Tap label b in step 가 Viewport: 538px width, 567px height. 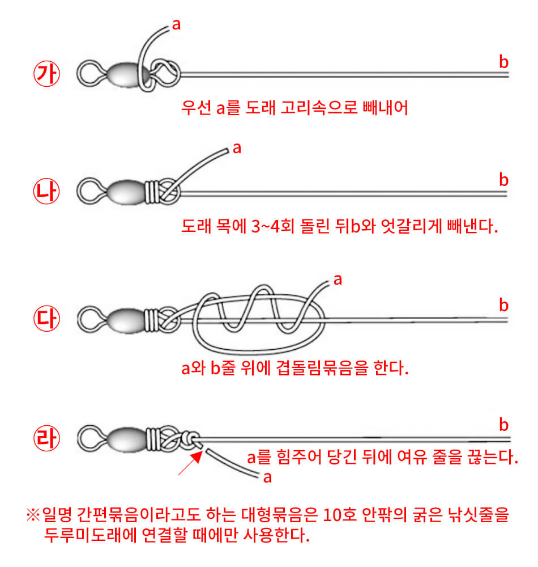(x=503, y=61)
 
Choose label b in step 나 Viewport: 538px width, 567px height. (x=503, y=180)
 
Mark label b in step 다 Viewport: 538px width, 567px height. (x=503, y=306)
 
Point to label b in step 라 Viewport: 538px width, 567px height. (x=503, y=425)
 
